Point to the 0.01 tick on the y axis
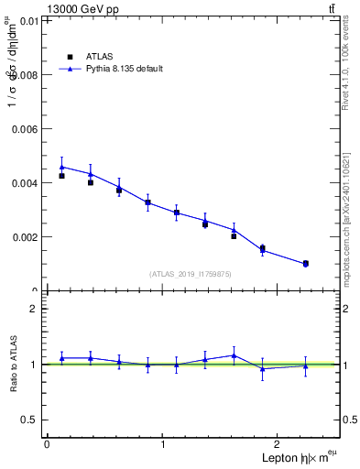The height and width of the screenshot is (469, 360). click(x=27, y=20)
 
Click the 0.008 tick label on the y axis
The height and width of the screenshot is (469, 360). click(x=24, y=75)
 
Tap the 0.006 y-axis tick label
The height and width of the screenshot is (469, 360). click(x=24, y=129)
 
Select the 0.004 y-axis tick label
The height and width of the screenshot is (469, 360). click(x=24, y=183)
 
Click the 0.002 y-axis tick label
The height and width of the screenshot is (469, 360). click(x=24, y=237)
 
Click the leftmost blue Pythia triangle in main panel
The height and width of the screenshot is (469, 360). click(x=61, y=167)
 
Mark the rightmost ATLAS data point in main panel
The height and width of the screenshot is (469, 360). click(x=305, y=264)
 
